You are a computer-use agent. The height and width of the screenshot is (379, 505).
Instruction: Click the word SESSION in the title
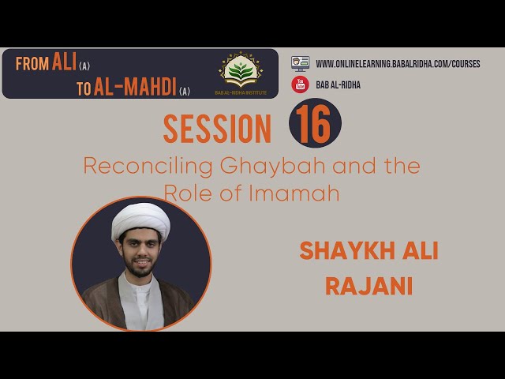217,129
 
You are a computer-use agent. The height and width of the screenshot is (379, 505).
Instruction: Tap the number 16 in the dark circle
313,124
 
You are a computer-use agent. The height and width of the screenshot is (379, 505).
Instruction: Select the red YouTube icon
300,84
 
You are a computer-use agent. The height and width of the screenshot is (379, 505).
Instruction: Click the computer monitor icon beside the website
300,63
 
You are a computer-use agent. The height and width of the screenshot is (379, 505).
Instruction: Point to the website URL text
398,64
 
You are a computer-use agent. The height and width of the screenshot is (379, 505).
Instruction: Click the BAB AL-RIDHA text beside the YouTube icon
338,84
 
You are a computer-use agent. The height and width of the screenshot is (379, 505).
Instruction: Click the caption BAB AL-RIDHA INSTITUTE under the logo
241,93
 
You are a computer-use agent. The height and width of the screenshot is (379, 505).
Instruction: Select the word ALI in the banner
64,62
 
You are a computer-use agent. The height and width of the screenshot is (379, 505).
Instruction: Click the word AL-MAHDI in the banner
135,87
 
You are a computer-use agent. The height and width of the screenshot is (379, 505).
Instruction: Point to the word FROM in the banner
32,64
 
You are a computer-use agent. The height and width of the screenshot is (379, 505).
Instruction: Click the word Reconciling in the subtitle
148,167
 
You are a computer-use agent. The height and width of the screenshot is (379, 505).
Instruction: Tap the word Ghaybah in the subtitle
273,167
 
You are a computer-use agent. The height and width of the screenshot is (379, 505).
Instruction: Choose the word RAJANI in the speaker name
369,287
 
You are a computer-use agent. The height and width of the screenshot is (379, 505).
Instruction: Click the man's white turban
140,221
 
